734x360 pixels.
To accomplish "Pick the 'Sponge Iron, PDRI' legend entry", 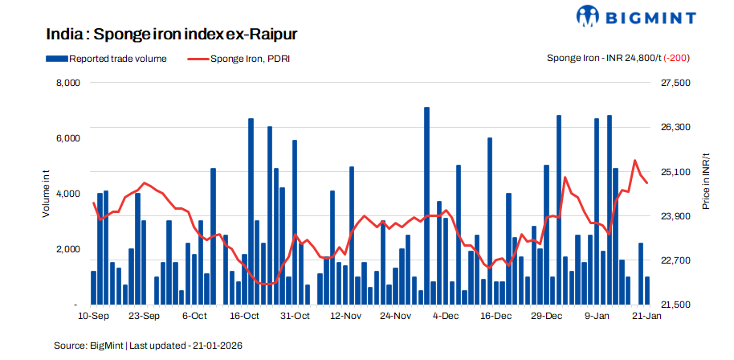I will point(249,58).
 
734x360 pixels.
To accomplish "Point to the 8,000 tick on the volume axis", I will point(67,83).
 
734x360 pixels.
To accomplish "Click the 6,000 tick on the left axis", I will point(67,138).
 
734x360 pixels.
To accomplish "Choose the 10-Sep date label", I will point(94,316).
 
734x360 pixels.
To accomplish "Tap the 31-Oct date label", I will point(295,316).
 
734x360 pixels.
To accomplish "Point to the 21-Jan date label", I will point(646,316).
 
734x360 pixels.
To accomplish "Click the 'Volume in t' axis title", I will point(47,194).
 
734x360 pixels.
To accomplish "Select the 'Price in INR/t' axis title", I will point(707,182).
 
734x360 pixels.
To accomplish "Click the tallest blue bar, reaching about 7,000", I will point(426,206).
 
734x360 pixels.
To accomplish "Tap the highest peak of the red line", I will point(635,161).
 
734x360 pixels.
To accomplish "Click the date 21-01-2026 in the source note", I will point(216,346).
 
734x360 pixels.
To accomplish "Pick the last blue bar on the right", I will point(647,291).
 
